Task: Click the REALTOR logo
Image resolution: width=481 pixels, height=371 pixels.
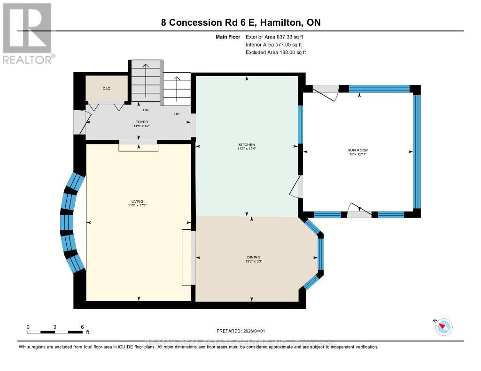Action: point(27,33)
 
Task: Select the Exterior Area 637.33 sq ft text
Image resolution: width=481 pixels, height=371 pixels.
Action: point(276,37)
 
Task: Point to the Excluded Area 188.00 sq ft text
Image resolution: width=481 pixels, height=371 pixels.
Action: point(276,53)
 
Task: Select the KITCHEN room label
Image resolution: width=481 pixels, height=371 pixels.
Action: point(247,144)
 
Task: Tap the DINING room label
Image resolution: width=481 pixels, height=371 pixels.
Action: point(253,257)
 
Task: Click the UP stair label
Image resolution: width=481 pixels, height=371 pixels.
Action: point(177,114)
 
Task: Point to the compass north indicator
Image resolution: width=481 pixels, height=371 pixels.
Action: point(443,327)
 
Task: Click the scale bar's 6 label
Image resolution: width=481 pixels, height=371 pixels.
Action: point(82,326)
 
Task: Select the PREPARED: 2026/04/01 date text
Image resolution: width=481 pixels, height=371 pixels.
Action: point(240,331)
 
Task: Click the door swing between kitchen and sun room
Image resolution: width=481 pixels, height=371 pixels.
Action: point(296,187)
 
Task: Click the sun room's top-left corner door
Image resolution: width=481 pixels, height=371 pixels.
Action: point(327,92)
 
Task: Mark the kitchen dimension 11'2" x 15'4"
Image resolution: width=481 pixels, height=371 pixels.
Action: point(247,149)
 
